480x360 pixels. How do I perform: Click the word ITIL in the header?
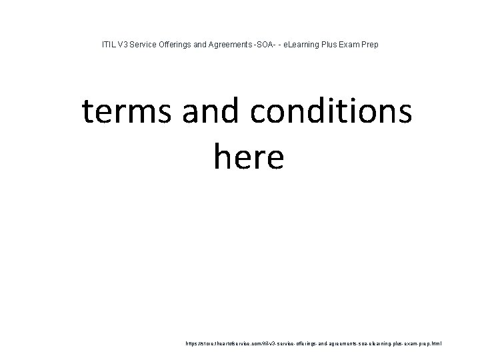coord(107,45)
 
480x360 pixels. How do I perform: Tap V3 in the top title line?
coord(122,45)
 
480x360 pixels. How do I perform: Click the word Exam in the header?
coord(358,45)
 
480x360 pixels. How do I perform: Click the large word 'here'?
coord(249,157)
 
